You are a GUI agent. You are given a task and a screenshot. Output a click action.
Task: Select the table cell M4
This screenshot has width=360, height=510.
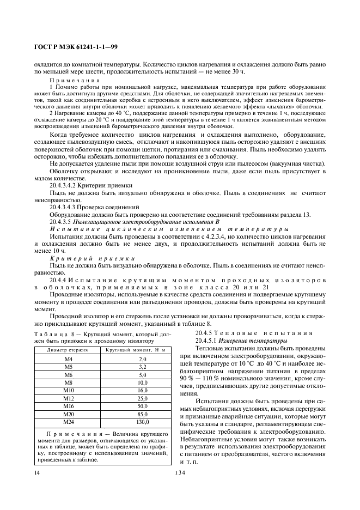(68, 360)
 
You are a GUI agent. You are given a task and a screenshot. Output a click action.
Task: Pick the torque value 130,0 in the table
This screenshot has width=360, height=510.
(142, 422)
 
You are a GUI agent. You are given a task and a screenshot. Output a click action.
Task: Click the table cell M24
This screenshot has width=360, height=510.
(68, 422)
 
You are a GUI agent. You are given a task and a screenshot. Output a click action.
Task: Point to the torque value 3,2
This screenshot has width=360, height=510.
(142, 367)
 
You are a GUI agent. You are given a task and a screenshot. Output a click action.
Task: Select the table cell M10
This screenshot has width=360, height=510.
(68, 391)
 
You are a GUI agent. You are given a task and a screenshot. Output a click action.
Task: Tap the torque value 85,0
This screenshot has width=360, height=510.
(142, 414)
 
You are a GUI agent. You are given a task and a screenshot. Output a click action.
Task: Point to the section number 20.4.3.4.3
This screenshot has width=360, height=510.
(67, 207)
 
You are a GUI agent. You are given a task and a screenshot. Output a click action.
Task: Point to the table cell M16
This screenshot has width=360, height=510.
(68, 406)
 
